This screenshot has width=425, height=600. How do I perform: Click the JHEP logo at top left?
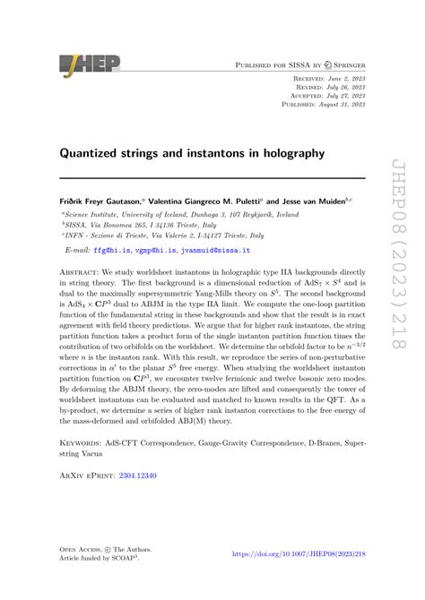84,64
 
